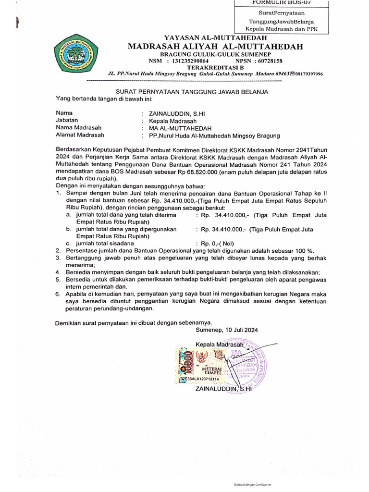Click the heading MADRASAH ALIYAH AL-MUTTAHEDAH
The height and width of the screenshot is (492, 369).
tap(215, 47)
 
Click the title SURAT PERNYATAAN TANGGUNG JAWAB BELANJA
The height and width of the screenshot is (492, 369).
tap(193, 92)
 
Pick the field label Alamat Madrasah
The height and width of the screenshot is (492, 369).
tap(80, 135)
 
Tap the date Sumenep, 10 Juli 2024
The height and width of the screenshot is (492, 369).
tap(227, 330)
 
